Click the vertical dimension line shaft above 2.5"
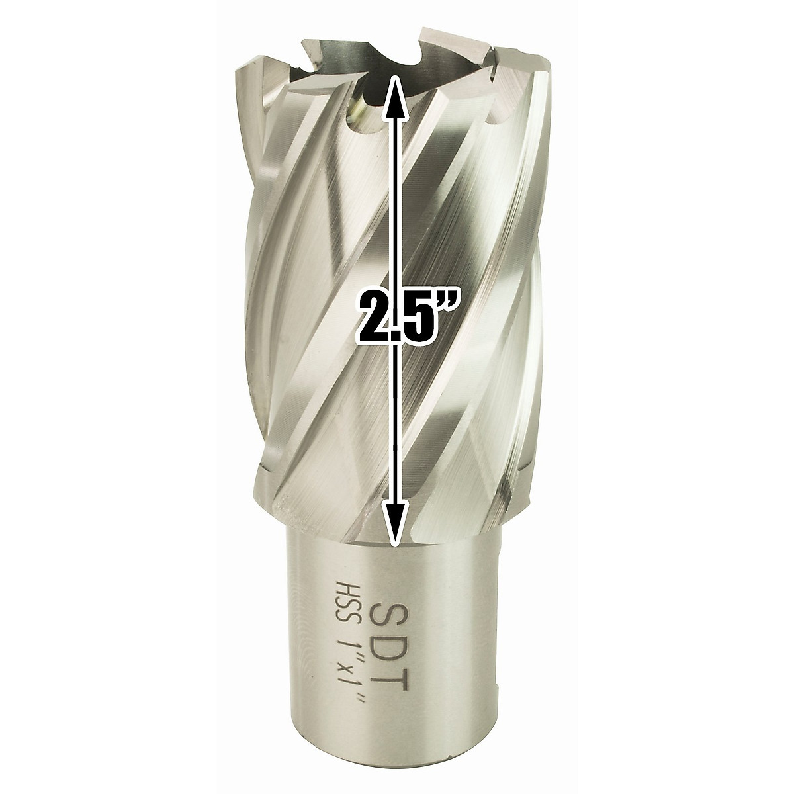(394, 198)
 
